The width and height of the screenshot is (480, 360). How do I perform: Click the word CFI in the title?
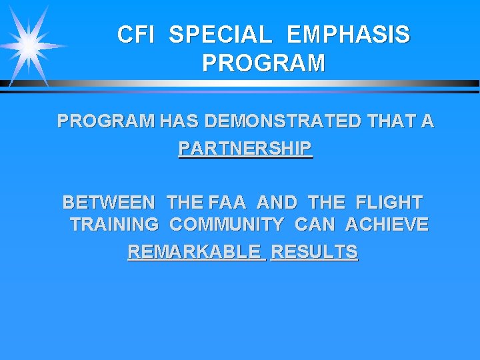click(135, 35)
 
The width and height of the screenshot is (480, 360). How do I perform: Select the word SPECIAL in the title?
click(220, 35)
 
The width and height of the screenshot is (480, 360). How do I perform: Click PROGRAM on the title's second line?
click(263, 63)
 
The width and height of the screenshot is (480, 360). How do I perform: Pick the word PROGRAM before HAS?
click(106, 121)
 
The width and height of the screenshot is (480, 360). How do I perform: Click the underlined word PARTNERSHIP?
click(245, 147)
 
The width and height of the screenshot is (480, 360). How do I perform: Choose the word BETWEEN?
click(109, 201)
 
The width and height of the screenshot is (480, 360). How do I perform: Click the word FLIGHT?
click(389, 201)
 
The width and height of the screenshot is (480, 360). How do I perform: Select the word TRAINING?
click(114, 225)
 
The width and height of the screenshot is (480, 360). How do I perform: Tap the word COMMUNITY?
click(227, 225)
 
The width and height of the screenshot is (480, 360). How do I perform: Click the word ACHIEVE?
click(387, 225)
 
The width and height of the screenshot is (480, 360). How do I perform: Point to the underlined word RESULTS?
click(315, 252)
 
